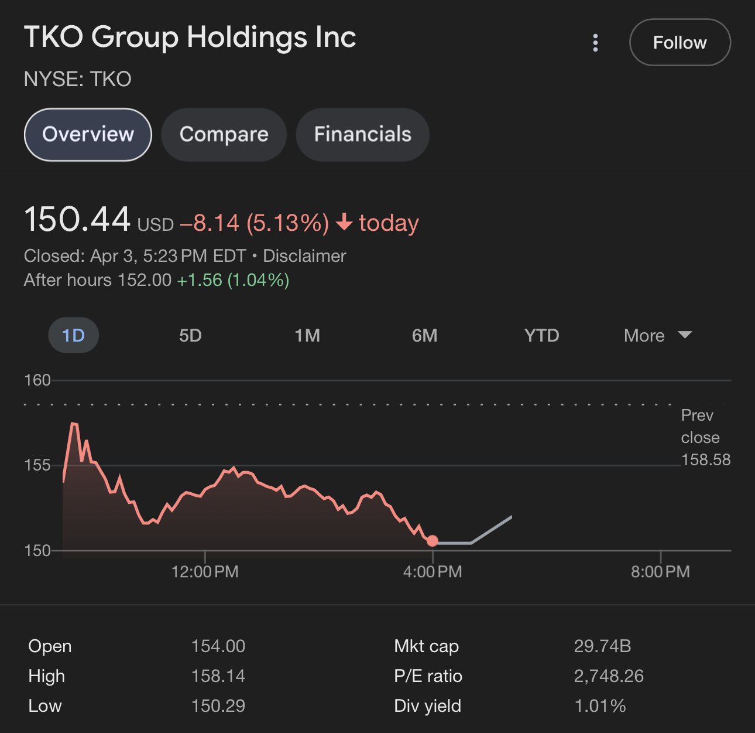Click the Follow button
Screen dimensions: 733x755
point(679,42)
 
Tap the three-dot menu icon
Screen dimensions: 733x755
point(595,43)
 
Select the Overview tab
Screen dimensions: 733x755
point(88,134)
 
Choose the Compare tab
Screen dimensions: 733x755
point(224,134)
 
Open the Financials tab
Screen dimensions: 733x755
point(362,134)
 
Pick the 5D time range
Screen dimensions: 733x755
point(190,336)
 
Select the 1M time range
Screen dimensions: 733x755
point(307,336)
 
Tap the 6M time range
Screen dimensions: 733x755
point(424,336)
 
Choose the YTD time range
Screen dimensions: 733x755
point(541,336)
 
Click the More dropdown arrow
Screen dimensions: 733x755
point(685,335)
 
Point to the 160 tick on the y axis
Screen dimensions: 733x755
point(37,380)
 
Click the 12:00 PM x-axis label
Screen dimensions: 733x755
point(205,572)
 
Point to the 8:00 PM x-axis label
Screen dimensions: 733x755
point(660,572)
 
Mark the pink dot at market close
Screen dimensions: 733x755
point(433,541)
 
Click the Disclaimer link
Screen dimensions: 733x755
point(304,256)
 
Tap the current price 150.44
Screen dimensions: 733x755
point(77,220)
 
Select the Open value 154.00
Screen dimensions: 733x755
point(218,646)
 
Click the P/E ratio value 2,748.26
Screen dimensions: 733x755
point(609,676)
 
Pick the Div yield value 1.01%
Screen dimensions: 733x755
point(600,706)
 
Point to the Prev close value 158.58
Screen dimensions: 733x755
point(706,460)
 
